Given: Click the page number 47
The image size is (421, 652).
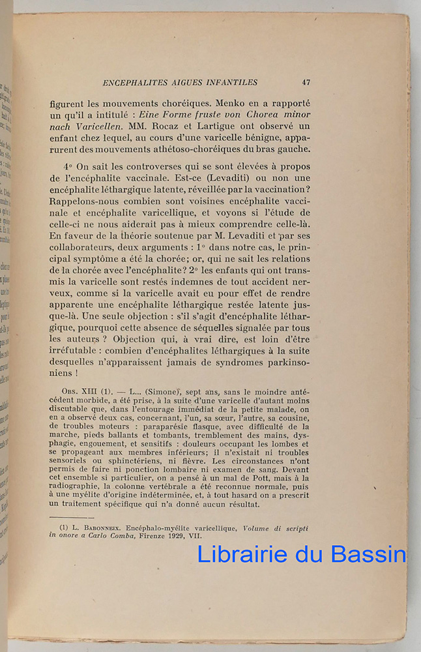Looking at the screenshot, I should click(x=306, y=82).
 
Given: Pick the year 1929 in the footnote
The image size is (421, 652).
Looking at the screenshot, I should click(x=157, y=536).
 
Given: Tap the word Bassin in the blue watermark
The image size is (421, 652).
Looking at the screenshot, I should click(x=368, y=554).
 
